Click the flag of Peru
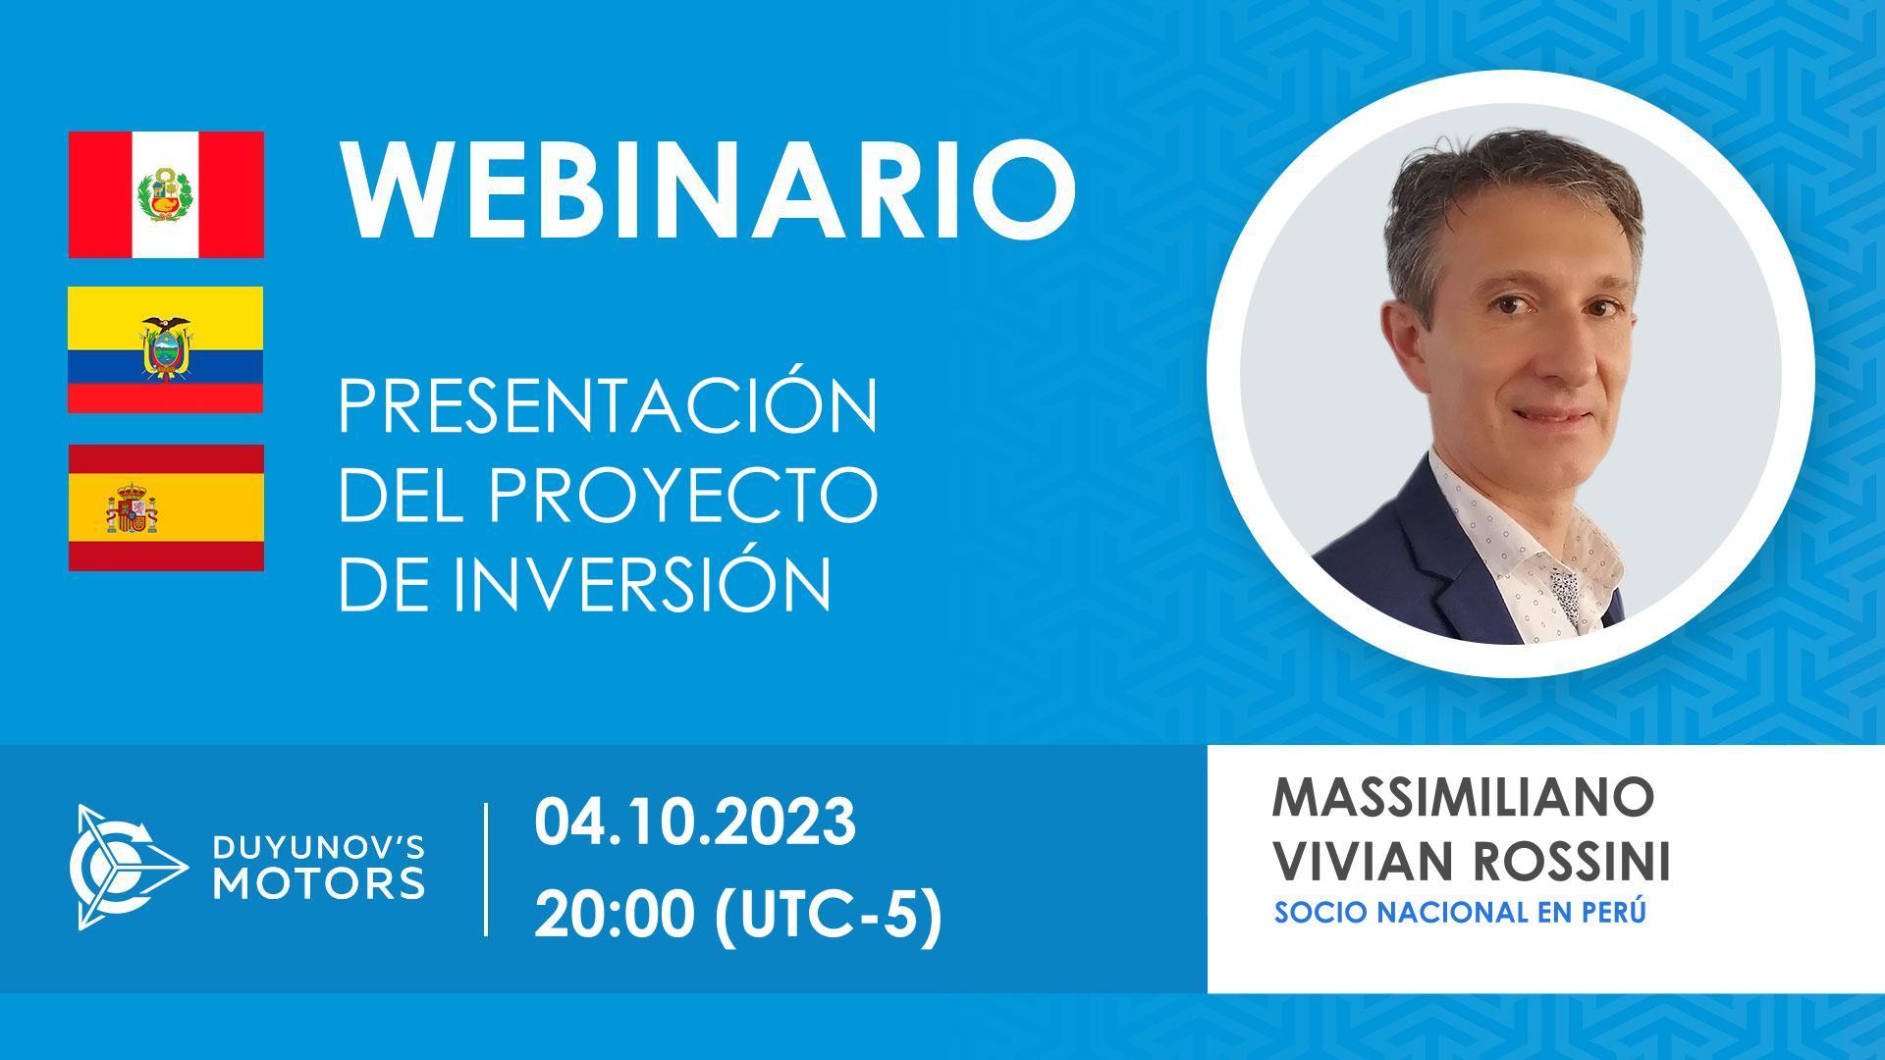(x=166, y=194)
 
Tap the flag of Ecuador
(x=166, y=349)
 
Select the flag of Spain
(x=166, y=507)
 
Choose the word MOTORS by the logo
(x=319, y=883)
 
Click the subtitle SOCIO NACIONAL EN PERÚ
(x=1460, y=912)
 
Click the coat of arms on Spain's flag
(x=133, y=508)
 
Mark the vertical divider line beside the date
(x=487, y=869)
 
